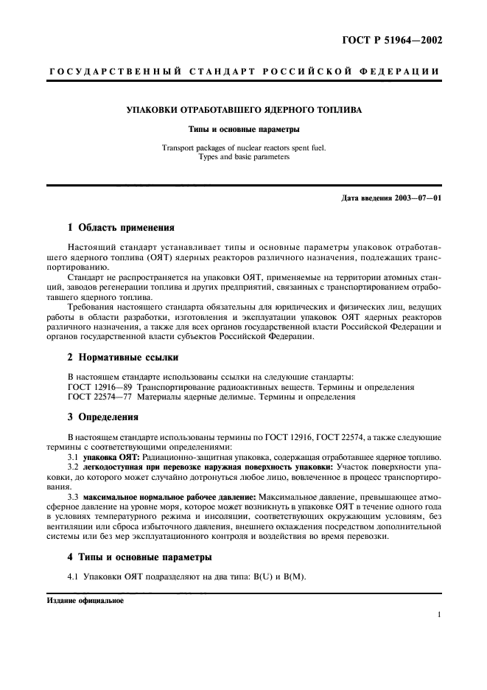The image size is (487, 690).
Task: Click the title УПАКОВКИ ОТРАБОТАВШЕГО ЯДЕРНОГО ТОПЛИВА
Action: pos(244,111)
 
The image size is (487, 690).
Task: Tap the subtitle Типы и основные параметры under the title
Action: pos(244,129)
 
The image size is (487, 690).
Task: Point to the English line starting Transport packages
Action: pos(244,147)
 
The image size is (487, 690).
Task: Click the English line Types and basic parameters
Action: pos(244,157)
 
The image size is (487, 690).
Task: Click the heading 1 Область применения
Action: pos(121,228)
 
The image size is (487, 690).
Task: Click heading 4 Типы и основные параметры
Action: pos(139,556)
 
